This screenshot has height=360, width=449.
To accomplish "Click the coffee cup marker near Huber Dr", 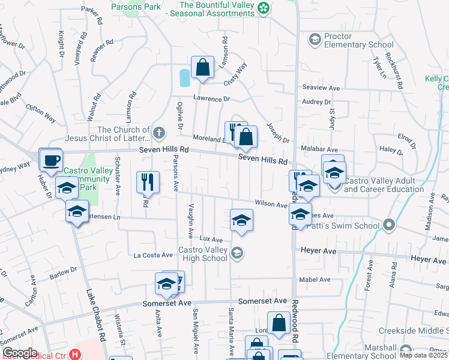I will tap(51, 160).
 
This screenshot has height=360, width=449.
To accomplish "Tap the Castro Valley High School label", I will tap(203, 254).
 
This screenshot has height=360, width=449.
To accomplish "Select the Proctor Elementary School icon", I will tap(314, 40).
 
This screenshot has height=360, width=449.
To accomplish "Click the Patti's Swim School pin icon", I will tap(389, 226).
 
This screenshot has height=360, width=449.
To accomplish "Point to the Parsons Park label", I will tap(136, 7).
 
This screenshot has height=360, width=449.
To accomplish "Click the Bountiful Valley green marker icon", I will tap(263, 8).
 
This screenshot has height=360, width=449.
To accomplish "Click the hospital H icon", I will tap(74, 355).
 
